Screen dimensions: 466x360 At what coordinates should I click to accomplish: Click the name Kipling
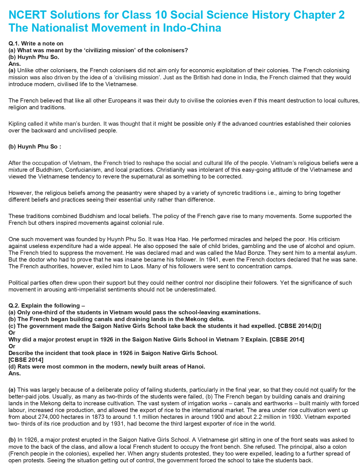(17, 124)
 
